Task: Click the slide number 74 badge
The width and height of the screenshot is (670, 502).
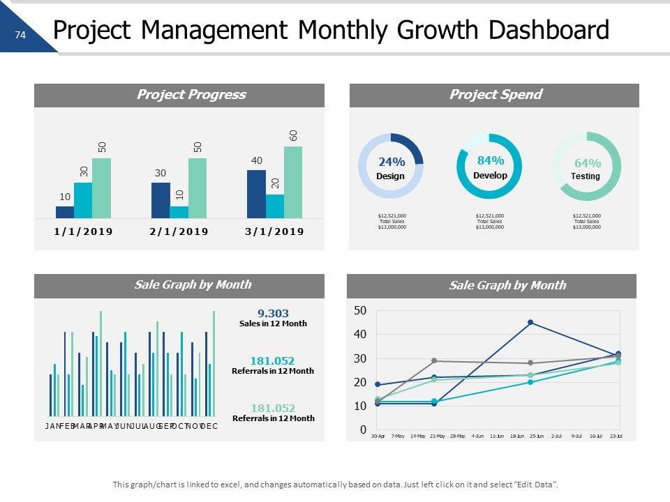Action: click(x=20, y=34)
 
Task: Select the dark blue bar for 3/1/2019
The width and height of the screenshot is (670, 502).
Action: click(x=256, y=194)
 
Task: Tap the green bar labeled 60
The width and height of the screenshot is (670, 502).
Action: click(x=293, y=182)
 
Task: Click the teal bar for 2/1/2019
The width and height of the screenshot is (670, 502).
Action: click(x=179, y=212)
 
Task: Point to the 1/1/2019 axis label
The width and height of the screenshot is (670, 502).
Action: click(x=83, y=231)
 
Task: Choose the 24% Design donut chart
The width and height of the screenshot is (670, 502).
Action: click(x=390, y=166)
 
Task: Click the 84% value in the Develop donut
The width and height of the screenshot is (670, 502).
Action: click(x=490, y=161)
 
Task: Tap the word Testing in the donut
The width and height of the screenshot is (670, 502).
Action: click(x=586, y=176)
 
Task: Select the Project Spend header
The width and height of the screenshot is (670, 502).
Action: click(x=495, y=95)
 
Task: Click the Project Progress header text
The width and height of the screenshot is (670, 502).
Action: click(x=191, y=95)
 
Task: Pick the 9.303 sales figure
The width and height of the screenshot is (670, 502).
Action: click(x=273, y=314)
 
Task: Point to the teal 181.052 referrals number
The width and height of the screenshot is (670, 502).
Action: click(x=272, y=360)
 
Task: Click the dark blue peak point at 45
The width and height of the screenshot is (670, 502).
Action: click(x=530, y=322)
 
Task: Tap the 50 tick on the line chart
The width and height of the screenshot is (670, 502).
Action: click(x=360, y=310)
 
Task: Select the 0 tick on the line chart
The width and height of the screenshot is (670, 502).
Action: click(x=363, y=430)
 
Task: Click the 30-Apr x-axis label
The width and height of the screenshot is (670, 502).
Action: click(x=378, y=436)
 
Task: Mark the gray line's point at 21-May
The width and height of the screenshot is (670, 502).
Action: click(x=434, y=360)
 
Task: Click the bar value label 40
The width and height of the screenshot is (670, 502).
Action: click(x=256, y=161)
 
